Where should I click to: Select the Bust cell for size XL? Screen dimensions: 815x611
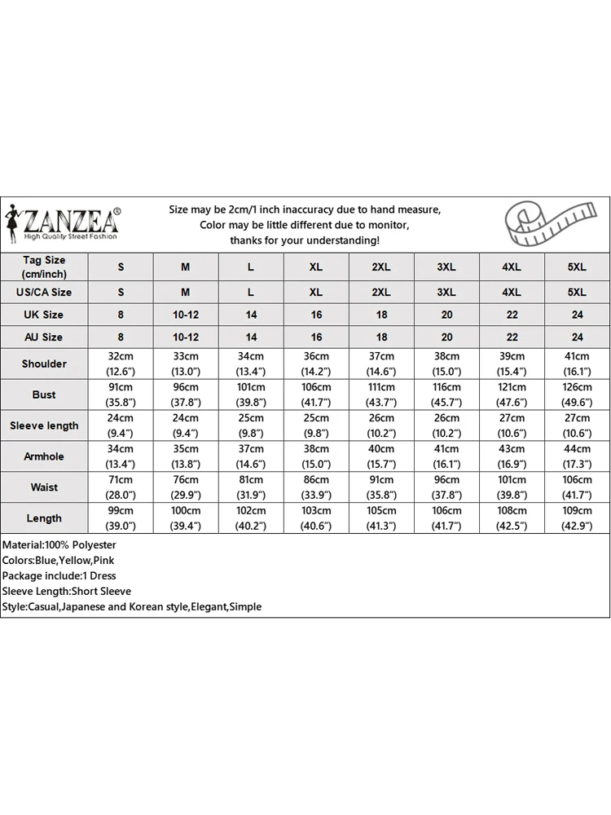[316, 394]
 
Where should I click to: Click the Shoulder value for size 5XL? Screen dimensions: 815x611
[577, 363]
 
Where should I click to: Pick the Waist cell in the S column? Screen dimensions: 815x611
[121, 487]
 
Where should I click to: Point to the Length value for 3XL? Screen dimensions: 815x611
[446, 518]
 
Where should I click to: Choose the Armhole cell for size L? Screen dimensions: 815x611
[251, 456]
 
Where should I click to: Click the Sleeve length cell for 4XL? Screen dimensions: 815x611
[512, 425]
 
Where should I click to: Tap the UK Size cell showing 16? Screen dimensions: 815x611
[316, 315]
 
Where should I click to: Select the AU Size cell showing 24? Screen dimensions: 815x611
[577, 337]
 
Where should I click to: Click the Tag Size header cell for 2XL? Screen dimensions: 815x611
[381, 267]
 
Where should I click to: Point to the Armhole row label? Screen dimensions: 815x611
[44, 456]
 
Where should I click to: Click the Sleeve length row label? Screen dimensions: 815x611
[44, 425]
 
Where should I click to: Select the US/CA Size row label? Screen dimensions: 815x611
[44, 292]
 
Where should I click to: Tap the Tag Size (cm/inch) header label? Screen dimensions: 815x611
[44, 267]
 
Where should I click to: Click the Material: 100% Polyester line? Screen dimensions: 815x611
[59, 544]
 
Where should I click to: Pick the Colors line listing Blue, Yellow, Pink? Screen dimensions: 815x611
[58, 560]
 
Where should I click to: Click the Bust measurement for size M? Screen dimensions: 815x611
[186, 394]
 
